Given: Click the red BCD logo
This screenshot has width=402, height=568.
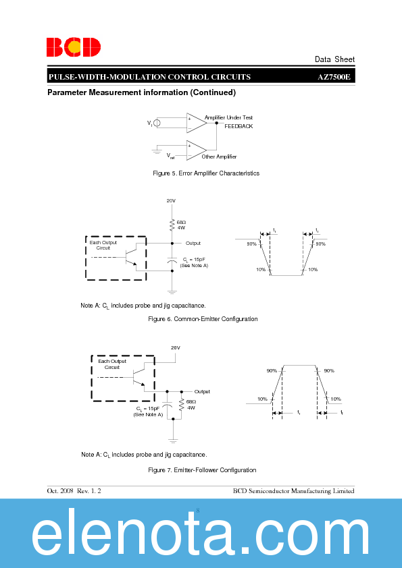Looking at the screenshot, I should tap(74, 47).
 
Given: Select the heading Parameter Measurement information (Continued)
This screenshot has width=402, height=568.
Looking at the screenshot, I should tap(141, 92).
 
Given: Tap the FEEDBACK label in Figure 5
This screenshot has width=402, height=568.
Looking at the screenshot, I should tap(238, 126).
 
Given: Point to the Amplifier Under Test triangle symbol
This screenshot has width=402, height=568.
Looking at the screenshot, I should tap(197, 123).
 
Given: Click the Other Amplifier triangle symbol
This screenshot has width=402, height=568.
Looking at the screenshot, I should tap(197, 150).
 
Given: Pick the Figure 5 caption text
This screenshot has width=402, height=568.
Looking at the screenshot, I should tap(206, 173).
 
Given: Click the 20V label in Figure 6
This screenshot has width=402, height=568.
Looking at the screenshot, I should tap(171, 200).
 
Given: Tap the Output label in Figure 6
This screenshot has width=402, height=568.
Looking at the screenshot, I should tap(193, 243).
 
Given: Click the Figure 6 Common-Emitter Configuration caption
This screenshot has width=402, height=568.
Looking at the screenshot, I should tap(203, 319).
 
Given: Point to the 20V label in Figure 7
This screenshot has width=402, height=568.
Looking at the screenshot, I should tap(175, 347).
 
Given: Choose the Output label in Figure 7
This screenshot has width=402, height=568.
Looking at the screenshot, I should tap(202, 391).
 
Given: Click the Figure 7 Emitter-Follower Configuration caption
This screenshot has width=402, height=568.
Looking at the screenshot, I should tap(202, 470).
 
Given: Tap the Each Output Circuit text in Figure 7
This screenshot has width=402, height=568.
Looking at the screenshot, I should tap(112, 364).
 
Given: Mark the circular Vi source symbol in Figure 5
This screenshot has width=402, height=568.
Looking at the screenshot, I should tap(157, 123).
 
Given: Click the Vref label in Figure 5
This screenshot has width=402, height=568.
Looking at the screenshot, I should tap(171, 156).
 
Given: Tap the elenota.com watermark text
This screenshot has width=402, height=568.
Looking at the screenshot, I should tap(201, 536).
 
